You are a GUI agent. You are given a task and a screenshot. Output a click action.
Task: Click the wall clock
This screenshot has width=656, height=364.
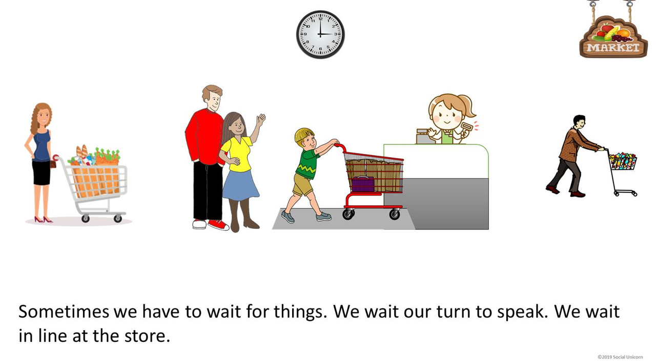320,34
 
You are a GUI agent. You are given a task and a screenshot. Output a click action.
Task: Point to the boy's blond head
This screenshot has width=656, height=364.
303,136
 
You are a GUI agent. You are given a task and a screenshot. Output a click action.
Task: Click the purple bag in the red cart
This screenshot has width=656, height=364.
363,183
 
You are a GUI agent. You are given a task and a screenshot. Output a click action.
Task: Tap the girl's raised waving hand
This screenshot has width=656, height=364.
261,121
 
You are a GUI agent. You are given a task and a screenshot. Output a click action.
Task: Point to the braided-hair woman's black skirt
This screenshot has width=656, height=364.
41,172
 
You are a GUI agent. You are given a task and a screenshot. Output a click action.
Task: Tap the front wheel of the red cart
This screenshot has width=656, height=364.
394,214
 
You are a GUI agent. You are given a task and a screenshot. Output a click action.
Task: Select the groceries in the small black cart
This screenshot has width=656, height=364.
623,161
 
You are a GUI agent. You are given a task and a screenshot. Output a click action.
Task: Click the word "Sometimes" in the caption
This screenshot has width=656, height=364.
64,311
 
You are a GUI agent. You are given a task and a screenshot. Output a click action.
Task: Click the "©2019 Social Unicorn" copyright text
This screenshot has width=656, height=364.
623,356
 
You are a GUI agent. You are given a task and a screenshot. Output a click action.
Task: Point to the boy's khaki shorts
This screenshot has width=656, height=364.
302,184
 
